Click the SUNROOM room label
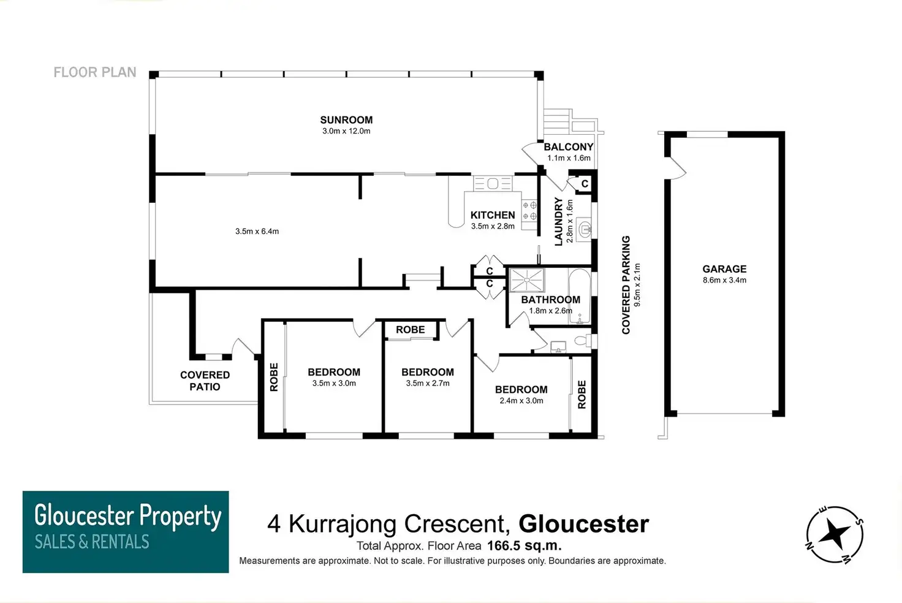pyautogui.click(x=346, y=119)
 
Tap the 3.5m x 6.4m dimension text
pyautogui.click(x=257, y=231)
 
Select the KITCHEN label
pyautogui.click(x=493, y=215)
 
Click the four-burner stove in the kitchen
pyautogui.click(x=529, y=211)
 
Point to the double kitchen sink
pyautogui.click(x=493, y=184)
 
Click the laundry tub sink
pyautogui.click(x=584, y=229)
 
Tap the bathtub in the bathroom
pyautogui.click(x=580, y=296)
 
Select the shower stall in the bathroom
pyautogui.click(x=527, y=280)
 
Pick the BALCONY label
pyautogui.click(x=569, y=146)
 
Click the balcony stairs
pyautogui.click(x=557, y=121)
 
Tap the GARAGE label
pyautogui.click(x=724, y=268)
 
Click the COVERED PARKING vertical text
pyautogui.click(x=626, y=285)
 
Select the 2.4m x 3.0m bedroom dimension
pyautogui.click(x=521, y=401)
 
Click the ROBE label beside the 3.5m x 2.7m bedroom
pyautogui.click(x=411, y=330)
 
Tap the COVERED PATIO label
pyautogui.click(x=205, y=381)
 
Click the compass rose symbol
pyautogui.click(x=835, y=534)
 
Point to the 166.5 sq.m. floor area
pyautogui.click(x=525, y=545)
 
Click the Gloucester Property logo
pyautogui.click(x=126, y=532)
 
